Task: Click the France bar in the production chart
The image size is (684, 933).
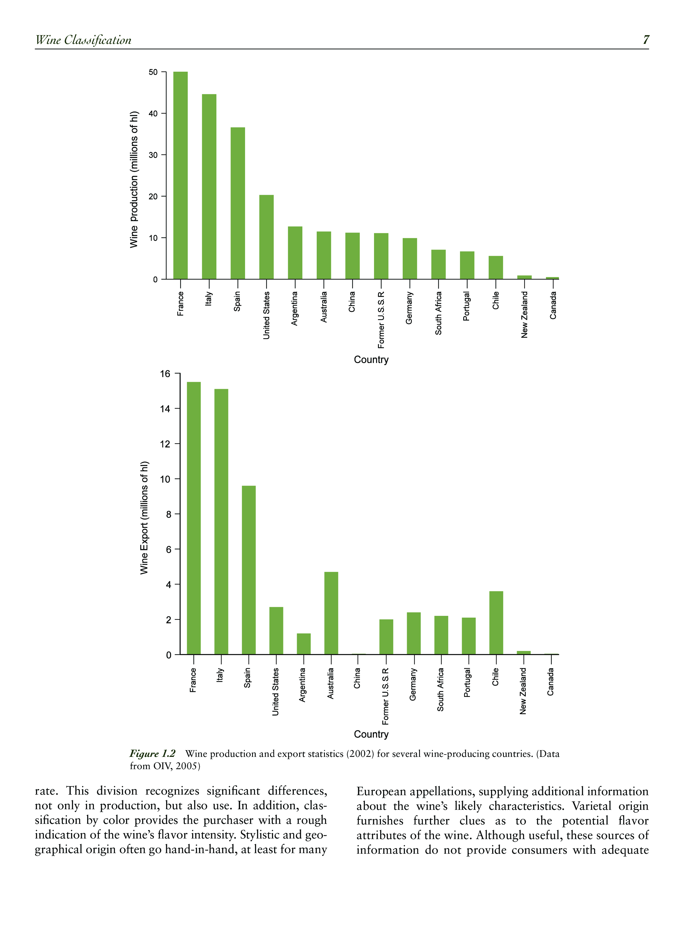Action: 180,175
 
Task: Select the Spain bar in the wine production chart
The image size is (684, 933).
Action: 238,203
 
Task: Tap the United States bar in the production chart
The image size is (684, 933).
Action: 266,237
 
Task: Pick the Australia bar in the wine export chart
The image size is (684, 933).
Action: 331,613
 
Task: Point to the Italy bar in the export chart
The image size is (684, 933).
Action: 221,521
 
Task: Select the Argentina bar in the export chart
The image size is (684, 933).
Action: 304,644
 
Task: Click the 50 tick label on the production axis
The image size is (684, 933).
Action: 153,72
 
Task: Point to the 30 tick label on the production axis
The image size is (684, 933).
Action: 153,155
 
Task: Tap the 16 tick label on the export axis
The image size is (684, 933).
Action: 165,374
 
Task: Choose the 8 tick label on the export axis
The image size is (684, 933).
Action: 168,514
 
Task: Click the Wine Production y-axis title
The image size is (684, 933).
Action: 134,180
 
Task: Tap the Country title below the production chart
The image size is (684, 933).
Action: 371,360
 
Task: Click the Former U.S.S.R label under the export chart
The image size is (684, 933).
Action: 385,696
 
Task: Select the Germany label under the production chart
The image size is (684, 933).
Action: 409,308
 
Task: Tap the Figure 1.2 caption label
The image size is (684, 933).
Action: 152,753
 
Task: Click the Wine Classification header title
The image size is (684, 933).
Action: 83,40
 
